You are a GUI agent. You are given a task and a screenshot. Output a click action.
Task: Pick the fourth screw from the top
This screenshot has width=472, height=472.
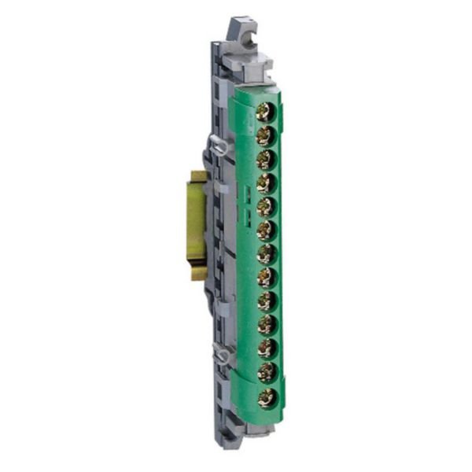[265, 183]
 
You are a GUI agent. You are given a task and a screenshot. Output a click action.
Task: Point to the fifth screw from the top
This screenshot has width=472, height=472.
[265, 206]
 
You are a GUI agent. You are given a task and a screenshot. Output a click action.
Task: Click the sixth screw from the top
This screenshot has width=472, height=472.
[265, 230]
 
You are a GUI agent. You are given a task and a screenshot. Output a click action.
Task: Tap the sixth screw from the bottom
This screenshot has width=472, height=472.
[265, 277]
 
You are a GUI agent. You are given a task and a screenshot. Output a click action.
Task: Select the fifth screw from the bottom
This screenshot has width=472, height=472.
[265, 301]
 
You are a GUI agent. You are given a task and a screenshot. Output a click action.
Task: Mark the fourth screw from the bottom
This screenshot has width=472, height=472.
[265, 324]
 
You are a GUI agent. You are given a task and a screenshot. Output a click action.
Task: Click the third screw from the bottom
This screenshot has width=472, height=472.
[265, 348]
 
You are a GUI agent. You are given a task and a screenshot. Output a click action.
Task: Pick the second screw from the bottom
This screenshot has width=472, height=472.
[265, 371]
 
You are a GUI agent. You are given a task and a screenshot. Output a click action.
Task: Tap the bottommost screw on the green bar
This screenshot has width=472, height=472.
[265, 396]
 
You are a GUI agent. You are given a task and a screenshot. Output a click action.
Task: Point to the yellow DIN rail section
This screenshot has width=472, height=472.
[197, 224]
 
